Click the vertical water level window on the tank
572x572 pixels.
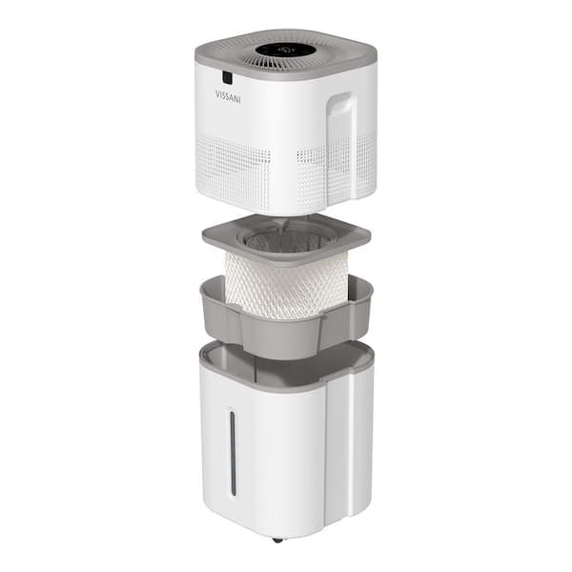(232, 453)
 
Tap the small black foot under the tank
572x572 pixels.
(277, 540)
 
